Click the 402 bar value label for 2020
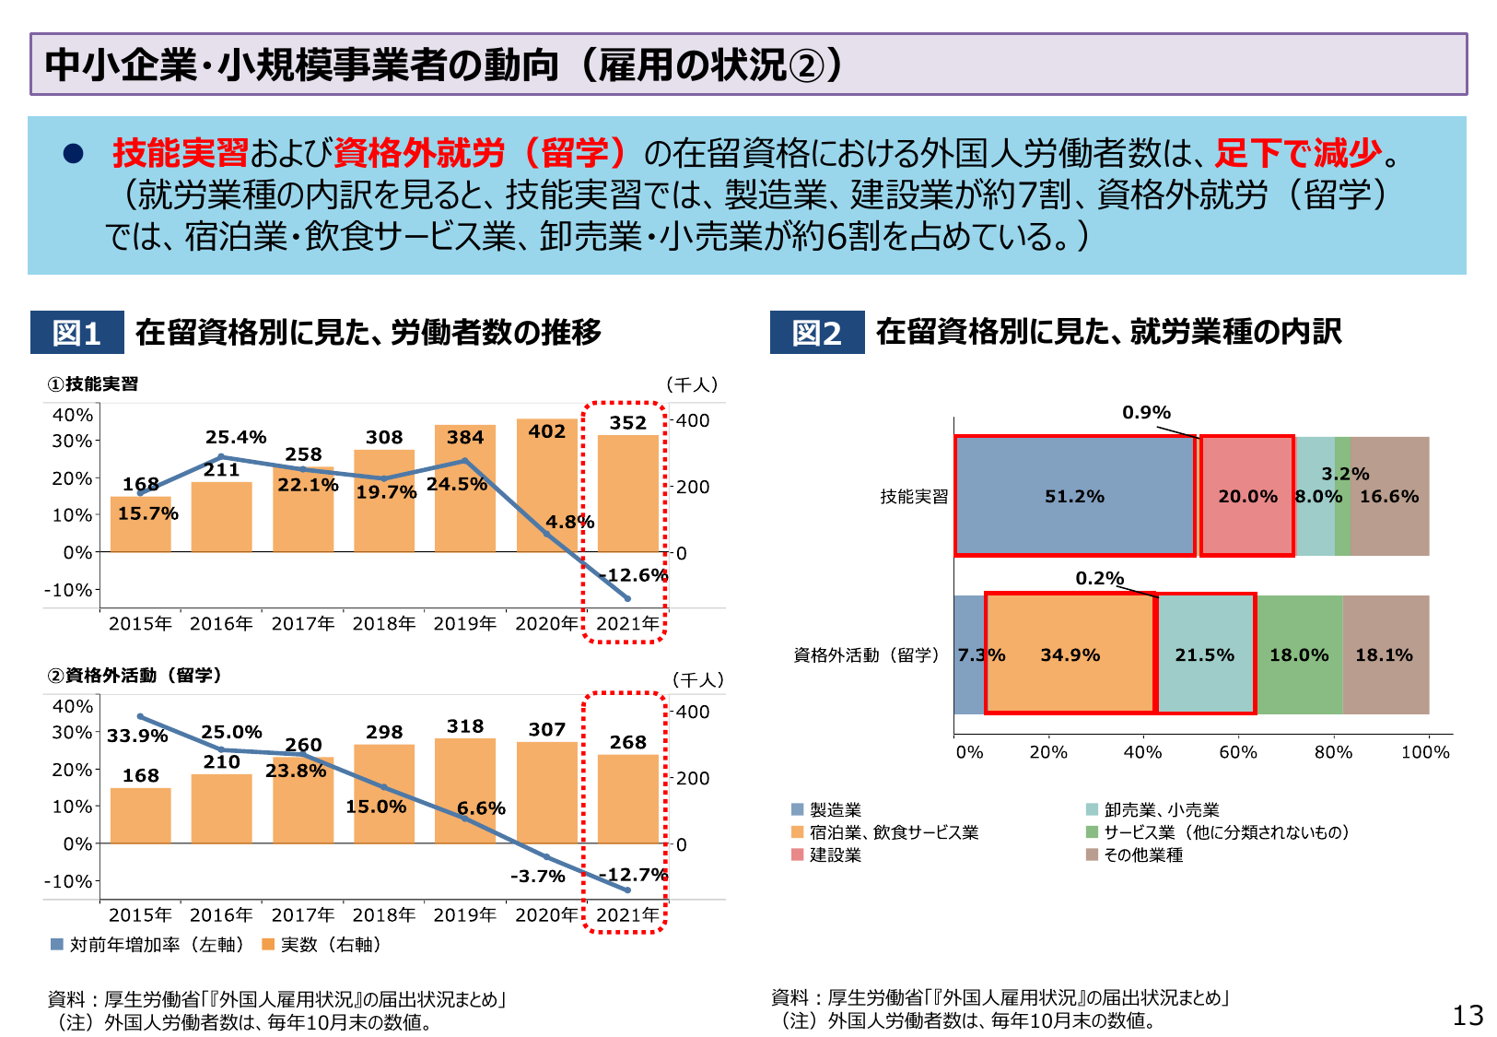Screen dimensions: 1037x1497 tap(546, 431)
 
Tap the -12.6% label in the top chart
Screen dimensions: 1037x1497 tap(633, 575)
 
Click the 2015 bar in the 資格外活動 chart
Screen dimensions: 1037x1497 tap(141, 816)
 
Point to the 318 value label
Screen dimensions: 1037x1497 tap(465, 726)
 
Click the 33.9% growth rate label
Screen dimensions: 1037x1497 tap(137, 736)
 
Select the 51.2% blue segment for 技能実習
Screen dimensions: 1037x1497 tap(1074, 496)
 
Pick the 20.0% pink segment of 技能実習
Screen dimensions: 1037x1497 tap(1247, 496)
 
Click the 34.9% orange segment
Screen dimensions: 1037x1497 tap(1070, 654)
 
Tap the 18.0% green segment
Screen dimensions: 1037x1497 tap(1299, 654)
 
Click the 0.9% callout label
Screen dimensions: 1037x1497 tap(1146, 412)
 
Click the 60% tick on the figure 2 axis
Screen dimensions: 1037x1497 tap(1237, 752)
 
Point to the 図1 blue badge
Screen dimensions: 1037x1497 tap(76, 333)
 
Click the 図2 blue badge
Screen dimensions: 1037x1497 tap(817, 333)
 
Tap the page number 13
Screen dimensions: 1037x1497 tap(1468, 1015)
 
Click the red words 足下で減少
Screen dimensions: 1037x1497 tap(1298, 152)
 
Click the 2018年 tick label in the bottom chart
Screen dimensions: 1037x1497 tap(383, 914)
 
